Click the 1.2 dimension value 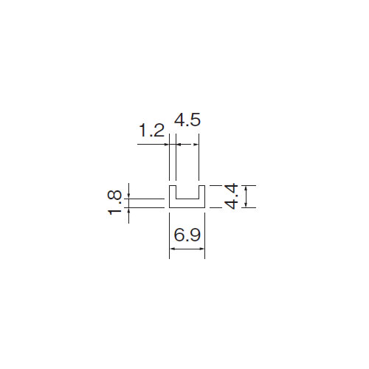pyautogui.click(x=152, y=131)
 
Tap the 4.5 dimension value pyautogui.click(x=187, y=120)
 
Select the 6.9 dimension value pyautogui.click(x=187, y=235)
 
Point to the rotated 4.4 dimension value pyautogui.click(x=232, y=196)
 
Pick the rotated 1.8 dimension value pyautogui.click(x=114, y=202)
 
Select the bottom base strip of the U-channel pyautogui.click(x=187, y=203)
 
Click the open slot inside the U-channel pyautogui.click(x=187, y=192)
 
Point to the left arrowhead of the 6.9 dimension pyautogui.click(x=172, y=249)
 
